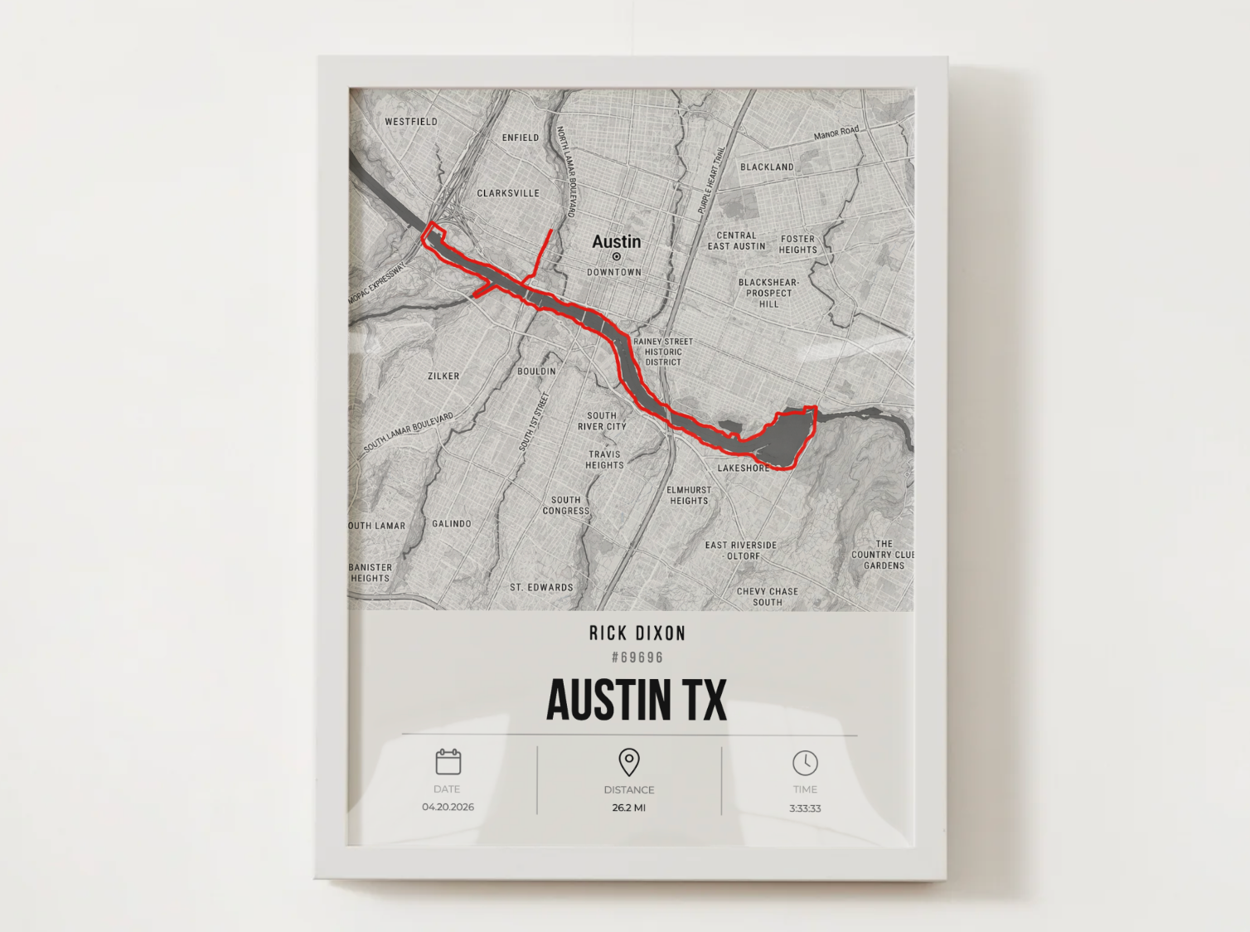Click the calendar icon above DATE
(x=448, y=761)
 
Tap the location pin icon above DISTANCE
(x=629, y=762)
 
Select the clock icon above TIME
(x=805, y=763)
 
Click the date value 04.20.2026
(x=448, y=807)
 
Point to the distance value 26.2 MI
(x=629, y=808)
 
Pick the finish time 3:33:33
(x=805, y=808)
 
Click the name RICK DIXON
(x=637, y=633)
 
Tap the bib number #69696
(x=637, y=658)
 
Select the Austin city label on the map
(x=616, y=241)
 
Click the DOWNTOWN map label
(x=614, y=272)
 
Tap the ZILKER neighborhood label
(x=443, y=376)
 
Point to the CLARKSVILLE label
(x=508, y=193)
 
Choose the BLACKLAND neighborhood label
(x=767, y=167)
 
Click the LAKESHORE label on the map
(x=744, y=468)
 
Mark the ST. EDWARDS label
(x=541, y=587)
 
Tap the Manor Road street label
(x=836, y=133)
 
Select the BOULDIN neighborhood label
(x=536, y=371)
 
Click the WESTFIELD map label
(x=411, y=121)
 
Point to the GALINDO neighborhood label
(x=452, y=523)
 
